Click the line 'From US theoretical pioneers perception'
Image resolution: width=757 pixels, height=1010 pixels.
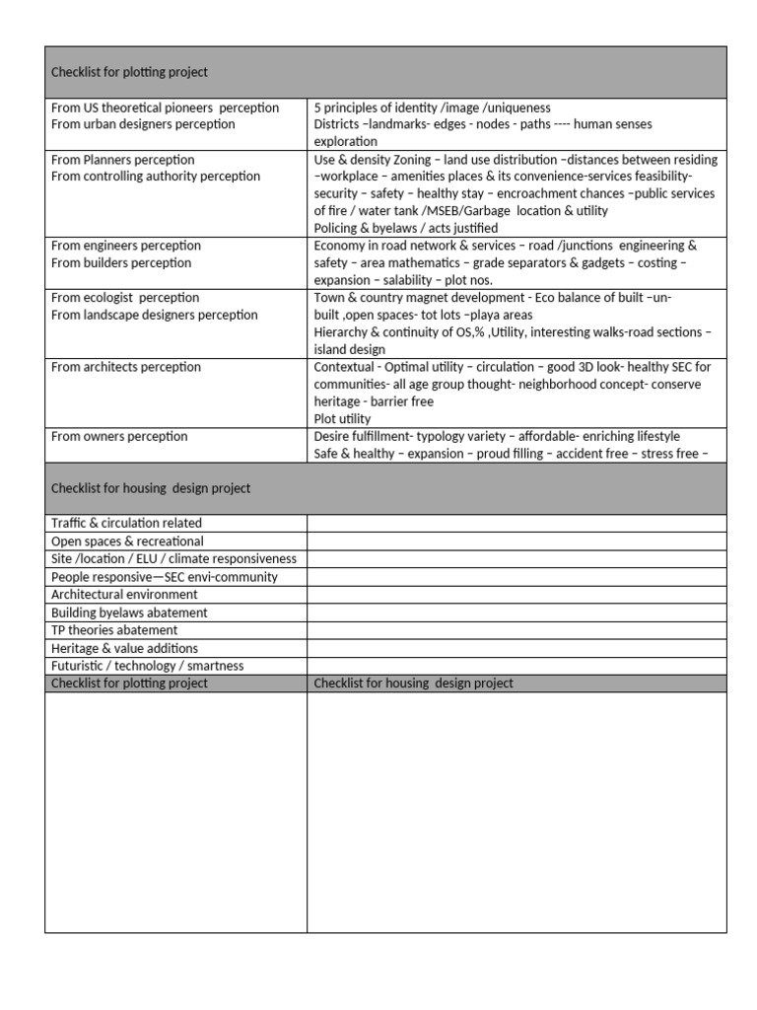click(165, 108)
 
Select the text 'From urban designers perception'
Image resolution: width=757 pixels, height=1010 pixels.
click(143, 124)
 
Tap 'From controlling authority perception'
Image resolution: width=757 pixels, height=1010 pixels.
click(156, 177)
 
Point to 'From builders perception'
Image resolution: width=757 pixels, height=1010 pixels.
click(121, 263)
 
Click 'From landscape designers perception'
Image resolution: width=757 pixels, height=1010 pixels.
click(154, 315)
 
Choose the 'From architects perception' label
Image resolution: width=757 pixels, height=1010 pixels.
click(125, 367)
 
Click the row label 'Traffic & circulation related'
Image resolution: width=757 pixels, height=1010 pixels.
click(126, 524)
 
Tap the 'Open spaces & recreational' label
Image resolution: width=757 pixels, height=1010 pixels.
click(127, 541)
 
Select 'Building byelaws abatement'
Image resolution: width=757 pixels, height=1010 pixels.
click(129, 613)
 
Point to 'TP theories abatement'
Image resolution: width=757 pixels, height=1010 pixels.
click(114, 630)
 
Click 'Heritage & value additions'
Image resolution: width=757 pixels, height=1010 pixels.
click(124, 648)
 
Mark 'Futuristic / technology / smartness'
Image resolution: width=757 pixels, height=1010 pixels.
click(147, 666)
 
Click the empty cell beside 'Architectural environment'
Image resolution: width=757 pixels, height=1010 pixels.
click(516, 595)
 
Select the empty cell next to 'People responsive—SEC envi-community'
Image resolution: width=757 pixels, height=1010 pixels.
click(516, 577)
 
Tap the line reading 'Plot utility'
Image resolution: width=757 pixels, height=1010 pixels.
click(342, 419)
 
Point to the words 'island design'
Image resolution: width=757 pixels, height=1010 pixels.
click(349, 349)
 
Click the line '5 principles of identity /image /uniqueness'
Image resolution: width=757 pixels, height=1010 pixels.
click(432, 108)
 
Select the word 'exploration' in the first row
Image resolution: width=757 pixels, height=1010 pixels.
click(345, 142)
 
